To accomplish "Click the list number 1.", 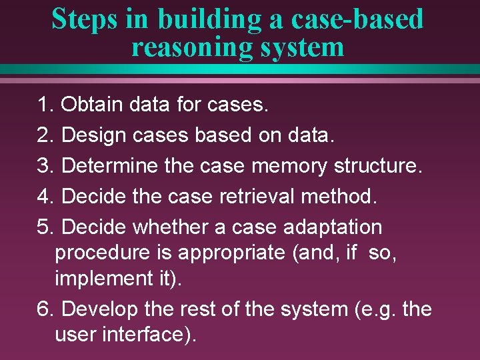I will tap(44, 105).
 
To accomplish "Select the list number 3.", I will tap(44, 166).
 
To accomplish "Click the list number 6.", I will tap(44, 309).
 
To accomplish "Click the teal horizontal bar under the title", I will tap(240, 69).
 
